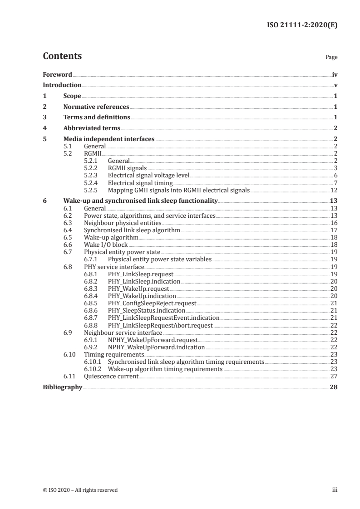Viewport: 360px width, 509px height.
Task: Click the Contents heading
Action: point(62,56)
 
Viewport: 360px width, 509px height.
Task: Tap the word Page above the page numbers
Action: point(331,58)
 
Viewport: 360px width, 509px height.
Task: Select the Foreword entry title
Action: point(57,74)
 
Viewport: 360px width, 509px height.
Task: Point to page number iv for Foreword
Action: point(335,74)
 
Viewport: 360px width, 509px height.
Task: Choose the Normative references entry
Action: point(96,107)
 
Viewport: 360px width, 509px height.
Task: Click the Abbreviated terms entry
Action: point(92,128)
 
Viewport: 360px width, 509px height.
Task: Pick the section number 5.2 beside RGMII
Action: point(68,154)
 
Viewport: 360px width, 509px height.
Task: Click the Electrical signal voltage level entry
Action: point(148,176)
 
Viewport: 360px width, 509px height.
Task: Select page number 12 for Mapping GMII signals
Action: point(333,190)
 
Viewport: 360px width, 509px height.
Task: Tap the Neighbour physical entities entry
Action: point(123,223)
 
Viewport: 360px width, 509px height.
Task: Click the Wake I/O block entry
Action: point(106,245)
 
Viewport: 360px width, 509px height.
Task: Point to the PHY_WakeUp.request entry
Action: point(138,289)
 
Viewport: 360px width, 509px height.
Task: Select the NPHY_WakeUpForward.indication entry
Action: point(156,347)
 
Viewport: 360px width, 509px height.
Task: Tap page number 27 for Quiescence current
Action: point(333,377)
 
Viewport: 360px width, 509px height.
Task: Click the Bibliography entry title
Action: point(62,387)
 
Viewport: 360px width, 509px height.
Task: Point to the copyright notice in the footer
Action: point(80,490)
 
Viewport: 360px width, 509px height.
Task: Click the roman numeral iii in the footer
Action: point(335,490)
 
